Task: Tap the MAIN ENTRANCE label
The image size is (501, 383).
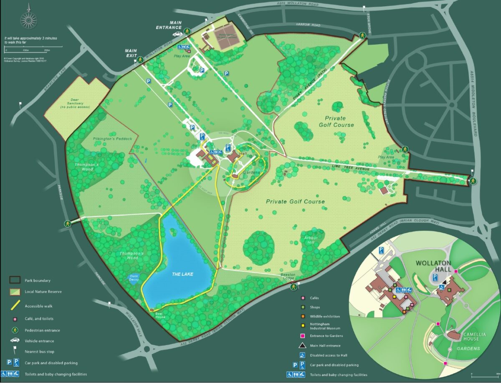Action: (x=182, y=25)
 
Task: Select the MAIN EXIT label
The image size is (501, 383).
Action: (x=131, y=53)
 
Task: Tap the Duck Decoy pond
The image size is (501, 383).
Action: (x=132, y=279)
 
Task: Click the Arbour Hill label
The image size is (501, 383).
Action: (x=311, y=240)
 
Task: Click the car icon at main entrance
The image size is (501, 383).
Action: (x=177, y=34)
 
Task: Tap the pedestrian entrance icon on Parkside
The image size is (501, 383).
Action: (x=67, y=224)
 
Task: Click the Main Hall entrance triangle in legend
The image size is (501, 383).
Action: (x=302, y=345)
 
